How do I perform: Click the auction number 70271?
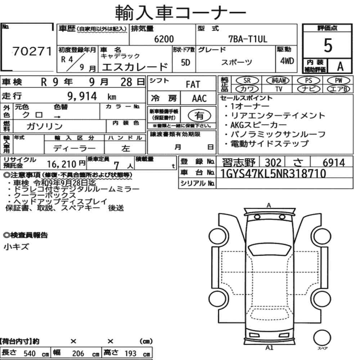32,51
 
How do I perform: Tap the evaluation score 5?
328,45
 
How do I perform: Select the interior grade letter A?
340,67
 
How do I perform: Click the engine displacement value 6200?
164,39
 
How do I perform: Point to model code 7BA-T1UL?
248,39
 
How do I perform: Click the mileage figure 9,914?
82,96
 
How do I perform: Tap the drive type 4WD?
287,61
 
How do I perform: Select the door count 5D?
185,62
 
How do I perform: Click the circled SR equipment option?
247,81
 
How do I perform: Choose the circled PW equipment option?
338,81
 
